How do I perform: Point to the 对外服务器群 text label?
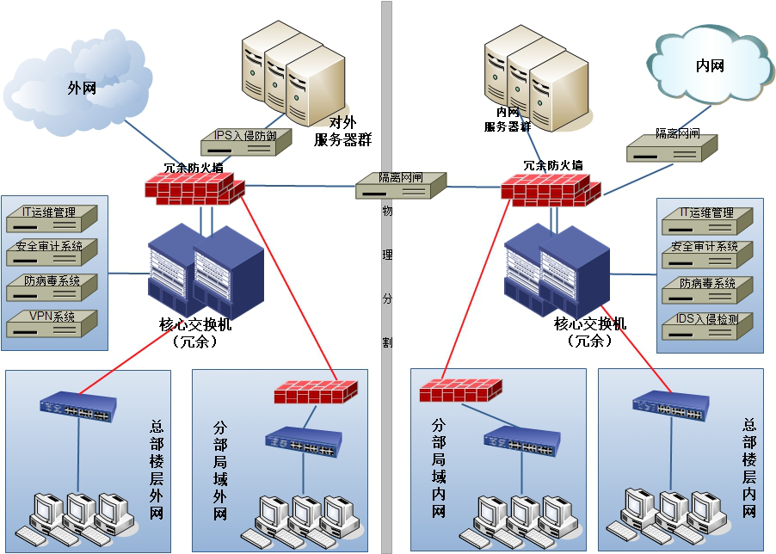point(342,132)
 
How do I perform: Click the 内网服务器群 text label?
point(507,120)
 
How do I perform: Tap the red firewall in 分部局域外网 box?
point(316,392)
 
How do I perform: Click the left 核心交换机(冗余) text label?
point(194,333)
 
